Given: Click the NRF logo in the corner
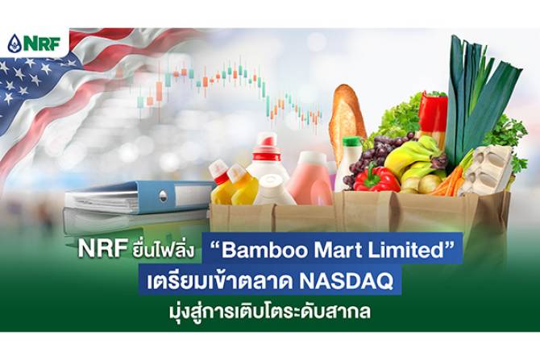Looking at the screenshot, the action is click(35, 43).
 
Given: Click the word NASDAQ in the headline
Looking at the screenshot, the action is click(346, 282).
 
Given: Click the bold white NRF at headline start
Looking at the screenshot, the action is click(101, 249).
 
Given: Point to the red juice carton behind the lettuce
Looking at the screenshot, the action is click(432, 116).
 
